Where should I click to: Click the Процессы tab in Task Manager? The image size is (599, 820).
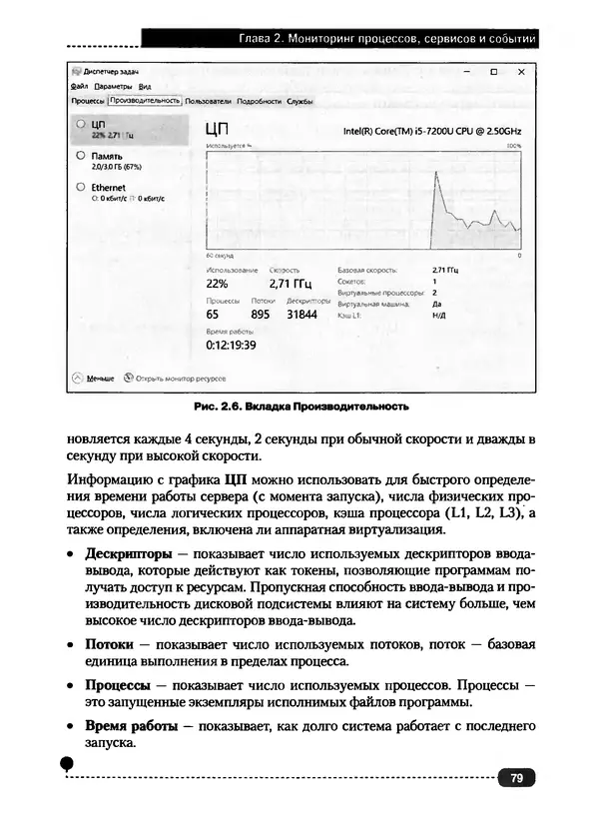(88, 101)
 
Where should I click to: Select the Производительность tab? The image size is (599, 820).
(145, 101)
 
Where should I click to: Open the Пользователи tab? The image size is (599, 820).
(208, 101)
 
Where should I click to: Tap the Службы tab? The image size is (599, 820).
(299, 101)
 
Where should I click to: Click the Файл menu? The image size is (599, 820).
(80, 87)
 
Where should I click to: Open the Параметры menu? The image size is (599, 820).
(114, 87)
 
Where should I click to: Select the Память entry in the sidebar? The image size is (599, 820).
(107, 157)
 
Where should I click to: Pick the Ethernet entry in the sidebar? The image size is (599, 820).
(108, 187)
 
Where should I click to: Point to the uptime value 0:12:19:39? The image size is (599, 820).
(232, 345)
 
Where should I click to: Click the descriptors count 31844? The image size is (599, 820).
(301, 314)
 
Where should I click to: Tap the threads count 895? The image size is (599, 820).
(261, 314)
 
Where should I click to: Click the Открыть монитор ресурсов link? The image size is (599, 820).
(180, 379)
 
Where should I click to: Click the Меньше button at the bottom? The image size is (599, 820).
(100, 379)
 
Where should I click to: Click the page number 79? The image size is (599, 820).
(516, 778)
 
